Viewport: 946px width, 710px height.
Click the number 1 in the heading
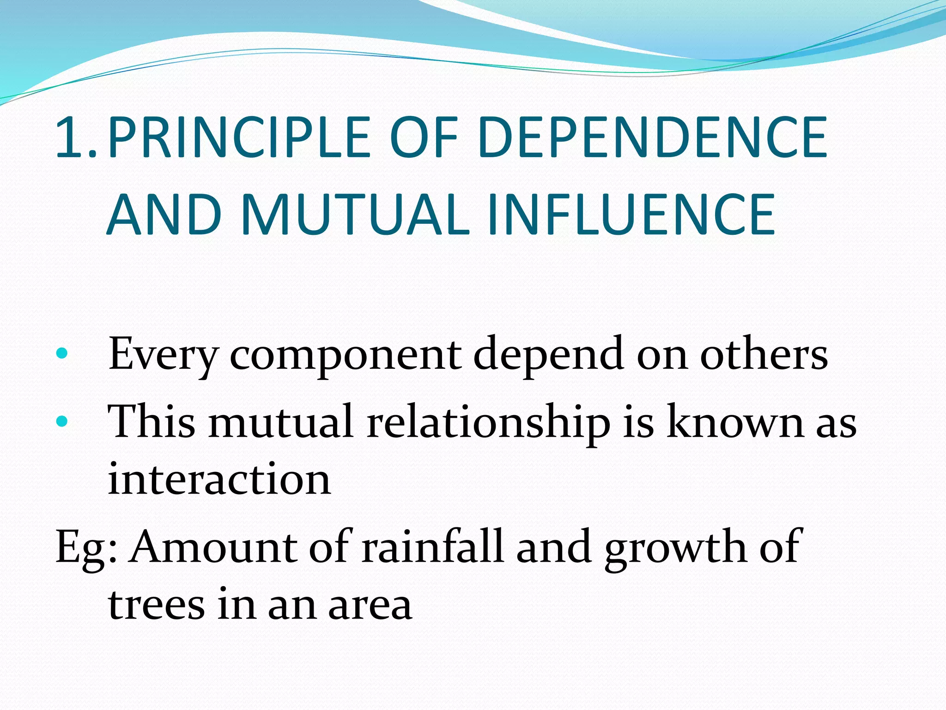tap(69, 137)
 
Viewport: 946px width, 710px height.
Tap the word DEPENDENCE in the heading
tap(652, 137)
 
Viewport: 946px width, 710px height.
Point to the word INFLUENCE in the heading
tap(631, 214)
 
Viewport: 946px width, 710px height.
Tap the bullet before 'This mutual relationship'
tap(61, 421)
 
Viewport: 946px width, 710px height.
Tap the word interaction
tap(219, 479)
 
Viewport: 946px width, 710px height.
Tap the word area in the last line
tap(370, 606)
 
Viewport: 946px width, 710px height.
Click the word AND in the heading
tap(164, 214)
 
